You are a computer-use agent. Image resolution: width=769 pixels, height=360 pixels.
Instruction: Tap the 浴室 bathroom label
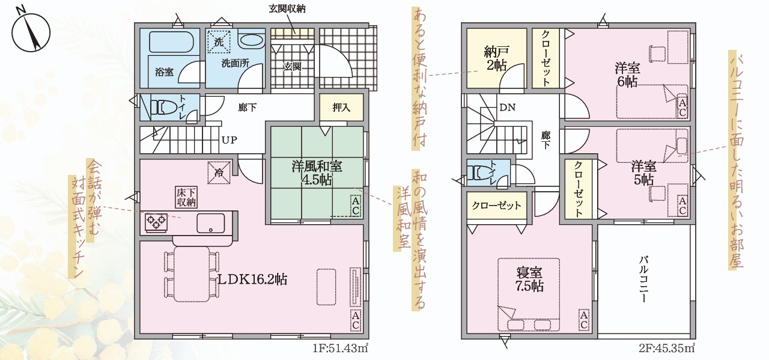pyautogui.click(x=164, y=72)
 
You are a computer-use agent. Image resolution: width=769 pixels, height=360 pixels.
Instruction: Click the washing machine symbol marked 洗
pyautogui.click(x=219, y=43)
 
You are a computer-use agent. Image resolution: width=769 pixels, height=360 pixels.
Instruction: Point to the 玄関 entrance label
pyautogui.click(x=293, y=66)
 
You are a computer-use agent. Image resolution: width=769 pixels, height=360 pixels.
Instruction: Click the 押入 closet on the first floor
pyautogui.click(x=341, y=107)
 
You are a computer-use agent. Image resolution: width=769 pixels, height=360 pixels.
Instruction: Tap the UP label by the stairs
pyautogui.click(x=229, y=140)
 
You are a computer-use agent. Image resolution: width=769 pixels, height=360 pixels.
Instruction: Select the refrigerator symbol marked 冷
pyautogui.click(x=219, y=172)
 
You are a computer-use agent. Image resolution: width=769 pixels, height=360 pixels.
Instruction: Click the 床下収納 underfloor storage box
pyautogui.click(x=186, y=197)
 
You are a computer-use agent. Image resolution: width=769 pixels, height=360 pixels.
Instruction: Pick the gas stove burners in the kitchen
pyautogui.click(x=156, y=222)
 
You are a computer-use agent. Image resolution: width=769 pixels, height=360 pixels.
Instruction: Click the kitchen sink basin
pyautogui.click(x=210, y=224)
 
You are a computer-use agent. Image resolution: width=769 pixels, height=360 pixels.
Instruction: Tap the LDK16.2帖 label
pyautogui.click(x=253, y=279)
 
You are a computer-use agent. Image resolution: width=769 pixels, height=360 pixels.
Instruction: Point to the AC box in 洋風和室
pyautogui.click(x=355, y=206)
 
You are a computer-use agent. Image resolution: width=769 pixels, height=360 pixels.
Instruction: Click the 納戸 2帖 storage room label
pyautogui.click(x=496, y=59)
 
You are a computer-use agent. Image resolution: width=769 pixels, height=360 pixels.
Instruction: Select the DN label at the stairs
pyautogui.click(x=508, y=108)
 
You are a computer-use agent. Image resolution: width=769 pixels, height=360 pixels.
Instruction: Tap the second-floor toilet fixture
pyautogui.click(x=481, y=172)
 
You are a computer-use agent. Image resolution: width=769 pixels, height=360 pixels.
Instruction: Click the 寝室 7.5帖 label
pyautogui.click(x=530, y=279)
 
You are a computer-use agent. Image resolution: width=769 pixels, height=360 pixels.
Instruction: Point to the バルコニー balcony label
pyautogui.click(x=643, y=279)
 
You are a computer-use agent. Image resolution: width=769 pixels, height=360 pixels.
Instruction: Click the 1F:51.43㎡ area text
pyautogui.click(x=340, y=349)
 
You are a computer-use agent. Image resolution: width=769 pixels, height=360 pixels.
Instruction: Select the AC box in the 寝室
pyautogui.click(x=583, y=320)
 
